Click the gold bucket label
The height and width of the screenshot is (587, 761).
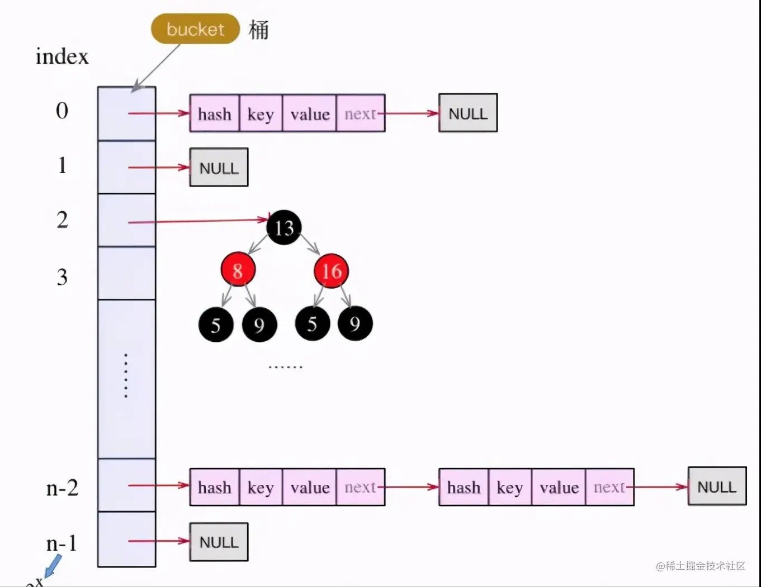click(195, 28)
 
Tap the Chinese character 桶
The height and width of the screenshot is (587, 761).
click(258, 30)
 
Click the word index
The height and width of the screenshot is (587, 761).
click(62, 56)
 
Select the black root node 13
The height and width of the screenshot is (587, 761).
click(284, 228)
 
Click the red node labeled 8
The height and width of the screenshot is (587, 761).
click(238, 270)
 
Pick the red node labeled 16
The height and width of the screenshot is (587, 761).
click(332, 271)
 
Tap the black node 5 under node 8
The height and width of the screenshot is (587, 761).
click(216, 324)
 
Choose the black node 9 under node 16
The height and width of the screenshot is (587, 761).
click(355, 323)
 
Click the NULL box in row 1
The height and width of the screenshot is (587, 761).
click(219, 168)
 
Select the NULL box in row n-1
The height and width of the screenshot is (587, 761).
click(219, 542)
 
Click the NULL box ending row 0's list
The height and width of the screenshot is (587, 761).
click(468, 113)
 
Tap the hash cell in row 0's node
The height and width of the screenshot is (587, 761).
click(215, 114)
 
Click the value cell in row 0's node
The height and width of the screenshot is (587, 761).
click(310, 114)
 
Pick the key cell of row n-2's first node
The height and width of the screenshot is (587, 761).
click(261, 488)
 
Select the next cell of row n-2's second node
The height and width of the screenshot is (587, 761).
click(609, 488)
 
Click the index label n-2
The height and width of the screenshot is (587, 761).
click(62, 488)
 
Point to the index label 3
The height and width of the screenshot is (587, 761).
click(62, 277)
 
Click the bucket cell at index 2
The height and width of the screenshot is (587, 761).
click(126, 221)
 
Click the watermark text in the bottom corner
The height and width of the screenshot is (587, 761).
click(701, 566)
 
